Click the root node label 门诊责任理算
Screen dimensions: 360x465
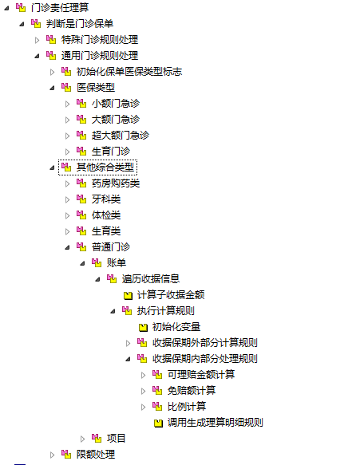click(x=60, y=7)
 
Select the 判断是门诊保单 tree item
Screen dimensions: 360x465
click(x=80, y=23)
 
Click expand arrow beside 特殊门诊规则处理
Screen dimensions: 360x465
click(x=37, y=40)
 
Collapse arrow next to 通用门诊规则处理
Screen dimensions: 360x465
click(x=37, y=56)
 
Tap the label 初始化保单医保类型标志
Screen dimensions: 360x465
click(x=129, y=72)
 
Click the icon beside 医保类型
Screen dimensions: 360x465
click(x=66, y=88)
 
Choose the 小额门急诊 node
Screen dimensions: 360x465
click(x=116, y=104)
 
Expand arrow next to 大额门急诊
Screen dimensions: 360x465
click(x=67, y=120)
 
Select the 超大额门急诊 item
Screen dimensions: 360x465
click(x=121, y=136)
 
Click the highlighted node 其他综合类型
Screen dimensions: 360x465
click(x=105, y=167)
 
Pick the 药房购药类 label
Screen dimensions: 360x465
click(x=116, y=183)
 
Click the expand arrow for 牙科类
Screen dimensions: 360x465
click(x=67, y=199)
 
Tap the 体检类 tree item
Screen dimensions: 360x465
click(x=106, y=215)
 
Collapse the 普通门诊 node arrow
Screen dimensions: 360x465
click(x=67, y=247)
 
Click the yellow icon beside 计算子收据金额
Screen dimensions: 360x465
click(x=128, y=295)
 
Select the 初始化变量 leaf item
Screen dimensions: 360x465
click(x=176, y=327)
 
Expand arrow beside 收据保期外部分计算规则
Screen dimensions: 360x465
click(x=129, y=344)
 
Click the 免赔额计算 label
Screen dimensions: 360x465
click(x=192, y=391)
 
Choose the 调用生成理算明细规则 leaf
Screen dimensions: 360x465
click(x=216, y=423)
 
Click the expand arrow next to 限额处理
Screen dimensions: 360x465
click(x=52, y=455)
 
